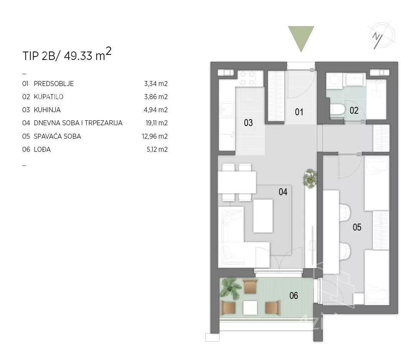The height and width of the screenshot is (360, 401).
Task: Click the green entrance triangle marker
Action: point(301,37)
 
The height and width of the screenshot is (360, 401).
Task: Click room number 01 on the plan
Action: point(299,112)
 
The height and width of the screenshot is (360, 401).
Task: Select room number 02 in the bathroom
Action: point(354,110)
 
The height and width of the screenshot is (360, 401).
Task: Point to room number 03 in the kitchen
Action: point(248,123)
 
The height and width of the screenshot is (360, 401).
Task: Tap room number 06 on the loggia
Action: point(294,296)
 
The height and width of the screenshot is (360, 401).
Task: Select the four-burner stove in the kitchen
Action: point(247,78)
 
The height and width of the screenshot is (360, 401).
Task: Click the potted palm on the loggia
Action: point(231,289)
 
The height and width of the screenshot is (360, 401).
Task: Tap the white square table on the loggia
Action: point(250,308)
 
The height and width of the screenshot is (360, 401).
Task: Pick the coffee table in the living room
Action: point(263,216)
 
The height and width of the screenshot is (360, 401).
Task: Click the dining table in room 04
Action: point(237,182)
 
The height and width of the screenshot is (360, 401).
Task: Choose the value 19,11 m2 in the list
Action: point(157,123)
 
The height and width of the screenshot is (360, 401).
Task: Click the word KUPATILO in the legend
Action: point(49,97)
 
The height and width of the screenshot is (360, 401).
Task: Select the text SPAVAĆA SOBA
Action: point(57,136)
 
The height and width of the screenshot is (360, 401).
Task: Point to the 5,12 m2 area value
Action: point(157,149)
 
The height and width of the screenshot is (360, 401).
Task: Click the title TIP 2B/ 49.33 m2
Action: point(67,54)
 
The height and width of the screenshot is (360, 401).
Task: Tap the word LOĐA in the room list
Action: point(42,149)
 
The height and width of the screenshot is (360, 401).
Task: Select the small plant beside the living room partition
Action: point(310,179)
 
